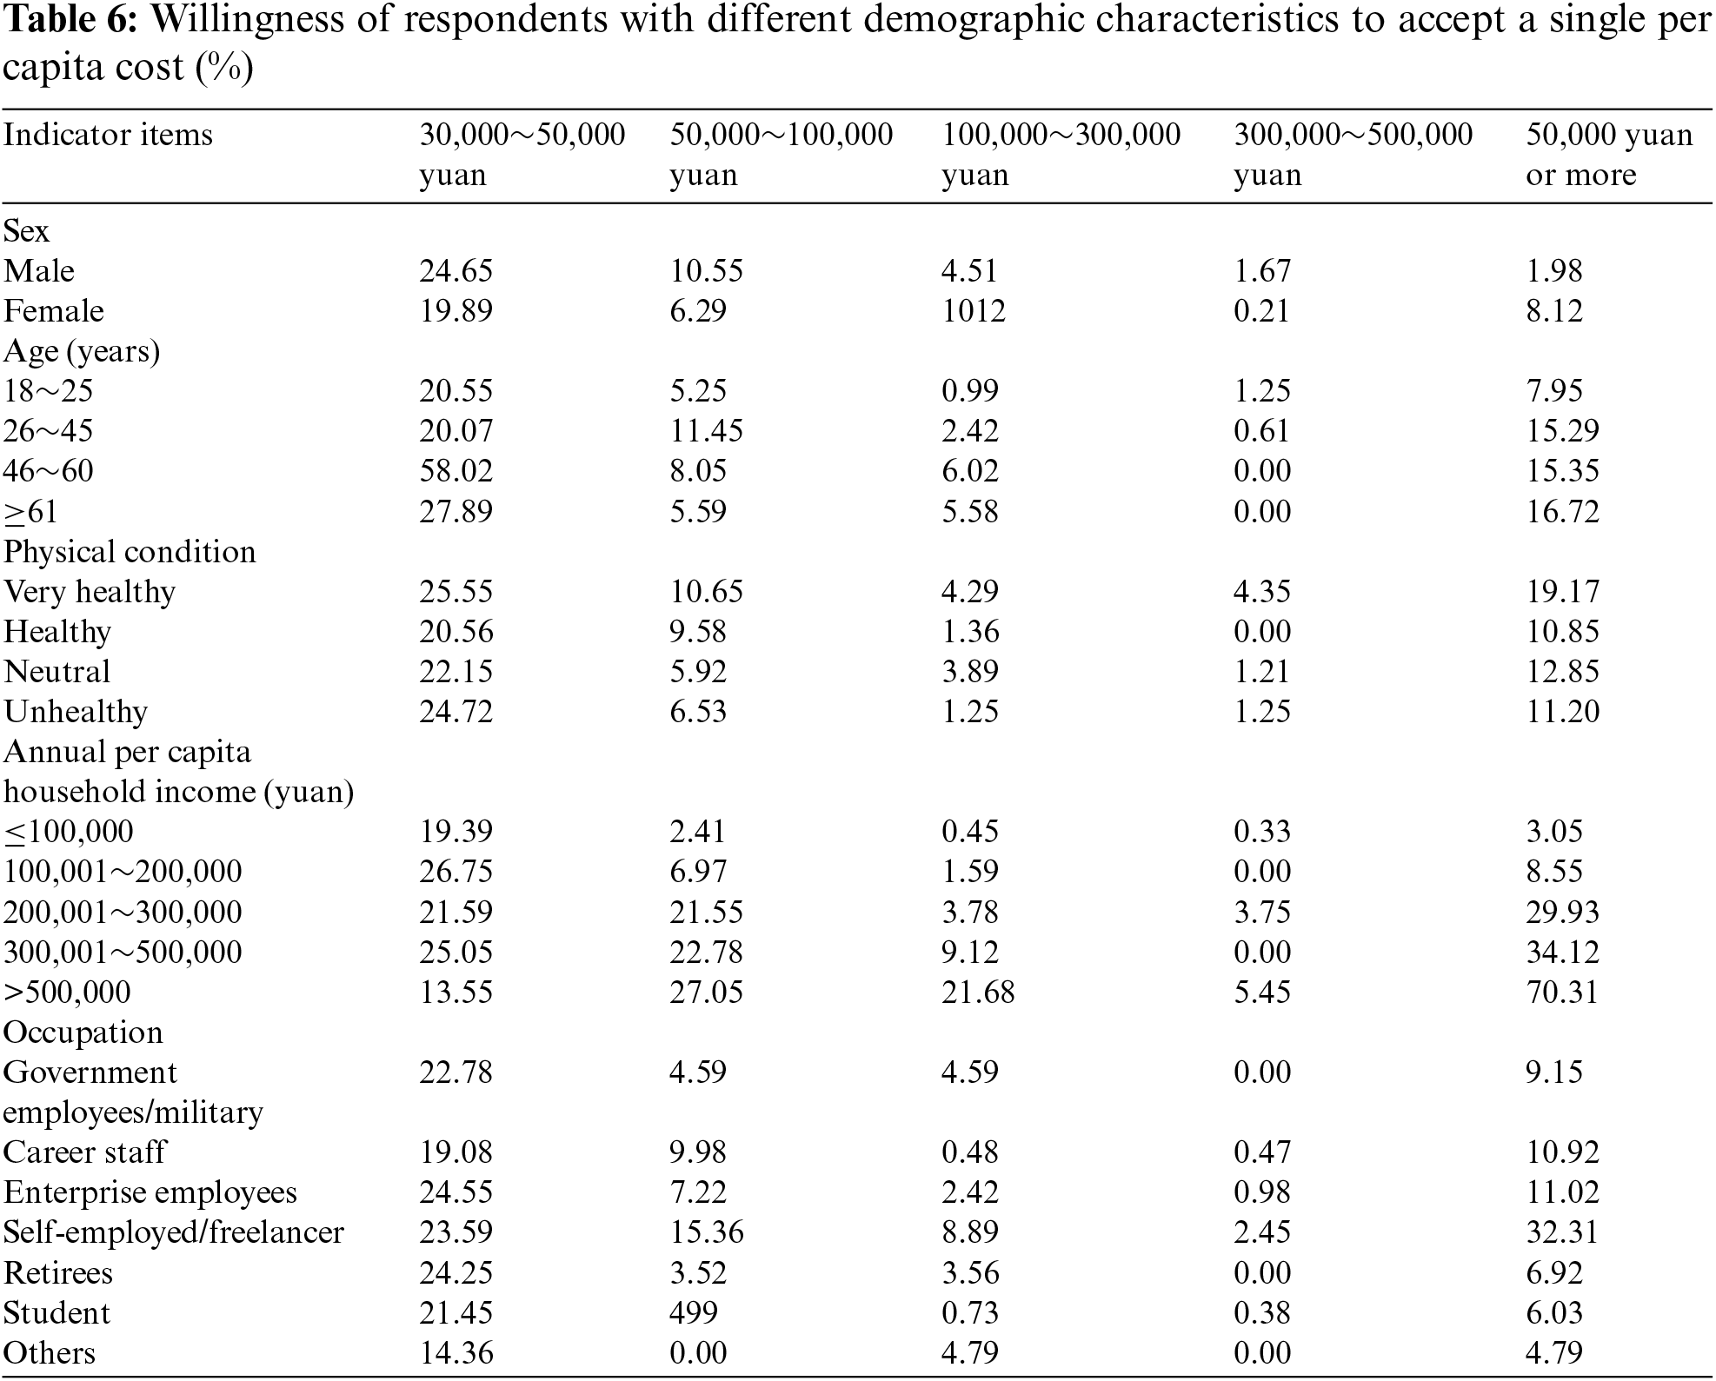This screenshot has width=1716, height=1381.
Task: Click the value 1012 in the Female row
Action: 973,311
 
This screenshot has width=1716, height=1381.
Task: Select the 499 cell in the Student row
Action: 693,1312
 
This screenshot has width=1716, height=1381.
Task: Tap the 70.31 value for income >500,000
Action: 1561,992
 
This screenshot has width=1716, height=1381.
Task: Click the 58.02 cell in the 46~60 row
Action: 456,471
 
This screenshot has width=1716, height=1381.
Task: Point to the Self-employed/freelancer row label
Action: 174,1232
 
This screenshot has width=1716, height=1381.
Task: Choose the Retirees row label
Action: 58,1272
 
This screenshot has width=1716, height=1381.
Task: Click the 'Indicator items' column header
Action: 108,136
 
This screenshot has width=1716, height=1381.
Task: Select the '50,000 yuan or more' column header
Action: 1608,155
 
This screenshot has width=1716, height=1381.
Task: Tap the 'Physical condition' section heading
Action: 130,552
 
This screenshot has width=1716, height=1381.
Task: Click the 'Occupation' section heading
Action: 83,1032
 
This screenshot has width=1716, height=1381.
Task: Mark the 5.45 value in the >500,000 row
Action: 1261,992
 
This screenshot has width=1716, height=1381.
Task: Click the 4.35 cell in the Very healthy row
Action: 1261,592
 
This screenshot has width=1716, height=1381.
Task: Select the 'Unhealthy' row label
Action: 76,712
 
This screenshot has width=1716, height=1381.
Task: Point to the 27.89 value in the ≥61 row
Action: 456,511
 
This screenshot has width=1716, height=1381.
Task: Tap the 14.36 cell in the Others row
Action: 456,1352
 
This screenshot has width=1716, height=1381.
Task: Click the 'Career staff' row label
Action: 84,1152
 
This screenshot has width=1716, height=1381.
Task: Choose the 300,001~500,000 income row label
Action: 123,952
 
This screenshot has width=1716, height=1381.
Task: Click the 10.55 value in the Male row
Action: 705,271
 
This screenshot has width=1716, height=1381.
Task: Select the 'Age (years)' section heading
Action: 82,351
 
